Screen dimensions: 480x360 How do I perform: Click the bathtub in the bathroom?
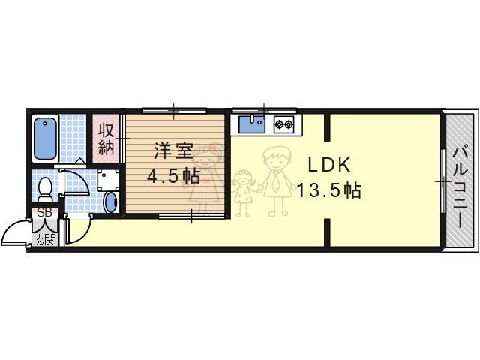45,139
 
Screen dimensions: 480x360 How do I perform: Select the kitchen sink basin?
252,124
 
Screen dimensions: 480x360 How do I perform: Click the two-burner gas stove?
283,124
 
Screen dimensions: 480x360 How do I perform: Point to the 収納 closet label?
106,139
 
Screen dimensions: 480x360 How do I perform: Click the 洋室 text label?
173,151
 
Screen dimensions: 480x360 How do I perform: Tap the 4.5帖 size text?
173,176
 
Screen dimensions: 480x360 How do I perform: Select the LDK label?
328,165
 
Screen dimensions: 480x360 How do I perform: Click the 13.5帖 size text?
329,190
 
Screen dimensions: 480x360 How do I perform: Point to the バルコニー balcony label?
460,187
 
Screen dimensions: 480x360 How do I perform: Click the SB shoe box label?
45,213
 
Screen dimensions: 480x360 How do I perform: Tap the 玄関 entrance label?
45,240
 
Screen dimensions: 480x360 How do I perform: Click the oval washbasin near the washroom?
110,202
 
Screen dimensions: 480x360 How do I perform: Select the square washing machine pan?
107,180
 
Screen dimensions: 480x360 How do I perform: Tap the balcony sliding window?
442,181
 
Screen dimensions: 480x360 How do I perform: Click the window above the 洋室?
174,110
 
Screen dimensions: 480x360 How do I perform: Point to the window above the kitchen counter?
264,110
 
